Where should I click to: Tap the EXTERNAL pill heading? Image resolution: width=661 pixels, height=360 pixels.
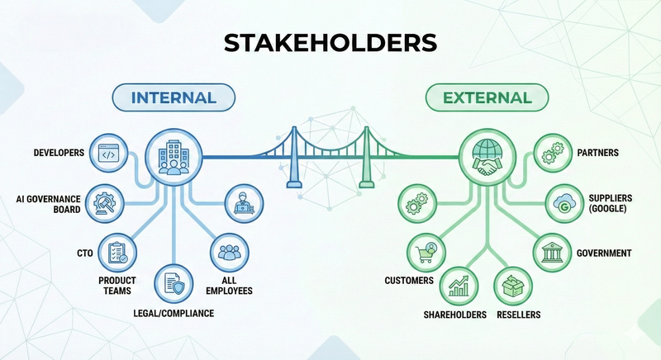(x=487, y=97)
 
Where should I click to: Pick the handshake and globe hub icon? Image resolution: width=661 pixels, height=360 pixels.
(x=486, y=156)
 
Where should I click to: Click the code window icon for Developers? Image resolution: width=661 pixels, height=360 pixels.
(x=107, y=154)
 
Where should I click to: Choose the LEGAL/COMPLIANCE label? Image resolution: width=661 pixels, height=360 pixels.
(x=174, y=314)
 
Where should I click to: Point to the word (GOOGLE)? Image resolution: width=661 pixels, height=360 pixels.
(x=610, y=211)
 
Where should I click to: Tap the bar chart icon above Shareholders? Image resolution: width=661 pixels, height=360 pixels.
(x=458, y=285)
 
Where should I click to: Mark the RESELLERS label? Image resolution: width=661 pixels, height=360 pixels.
(x=518, y=315)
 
